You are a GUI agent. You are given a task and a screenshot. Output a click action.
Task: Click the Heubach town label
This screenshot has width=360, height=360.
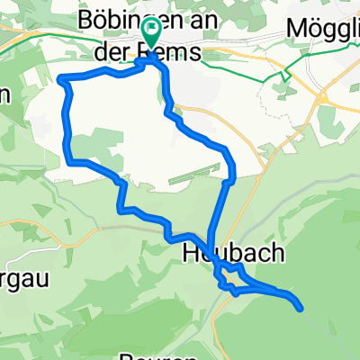pyautogui.click(x=223, y=253)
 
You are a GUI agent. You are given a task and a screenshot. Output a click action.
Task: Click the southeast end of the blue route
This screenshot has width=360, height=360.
pyautogui.click(x=300, y=309)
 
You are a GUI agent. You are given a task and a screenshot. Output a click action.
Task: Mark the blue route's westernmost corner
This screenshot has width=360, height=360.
pyautogui.click(x=61, y=80)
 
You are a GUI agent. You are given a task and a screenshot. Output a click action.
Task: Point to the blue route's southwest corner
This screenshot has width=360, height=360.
pyautogui.click(x=69, y=162)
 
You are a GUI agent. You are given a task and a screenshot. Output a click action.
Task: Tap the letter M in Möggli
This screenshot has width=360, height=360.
pyautogui.click(x=295, y=28)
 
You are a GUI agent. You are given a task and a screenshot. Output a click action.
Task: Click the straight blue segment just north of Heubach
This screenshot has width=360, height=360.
pyautogui.click(x=216, y=216)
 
